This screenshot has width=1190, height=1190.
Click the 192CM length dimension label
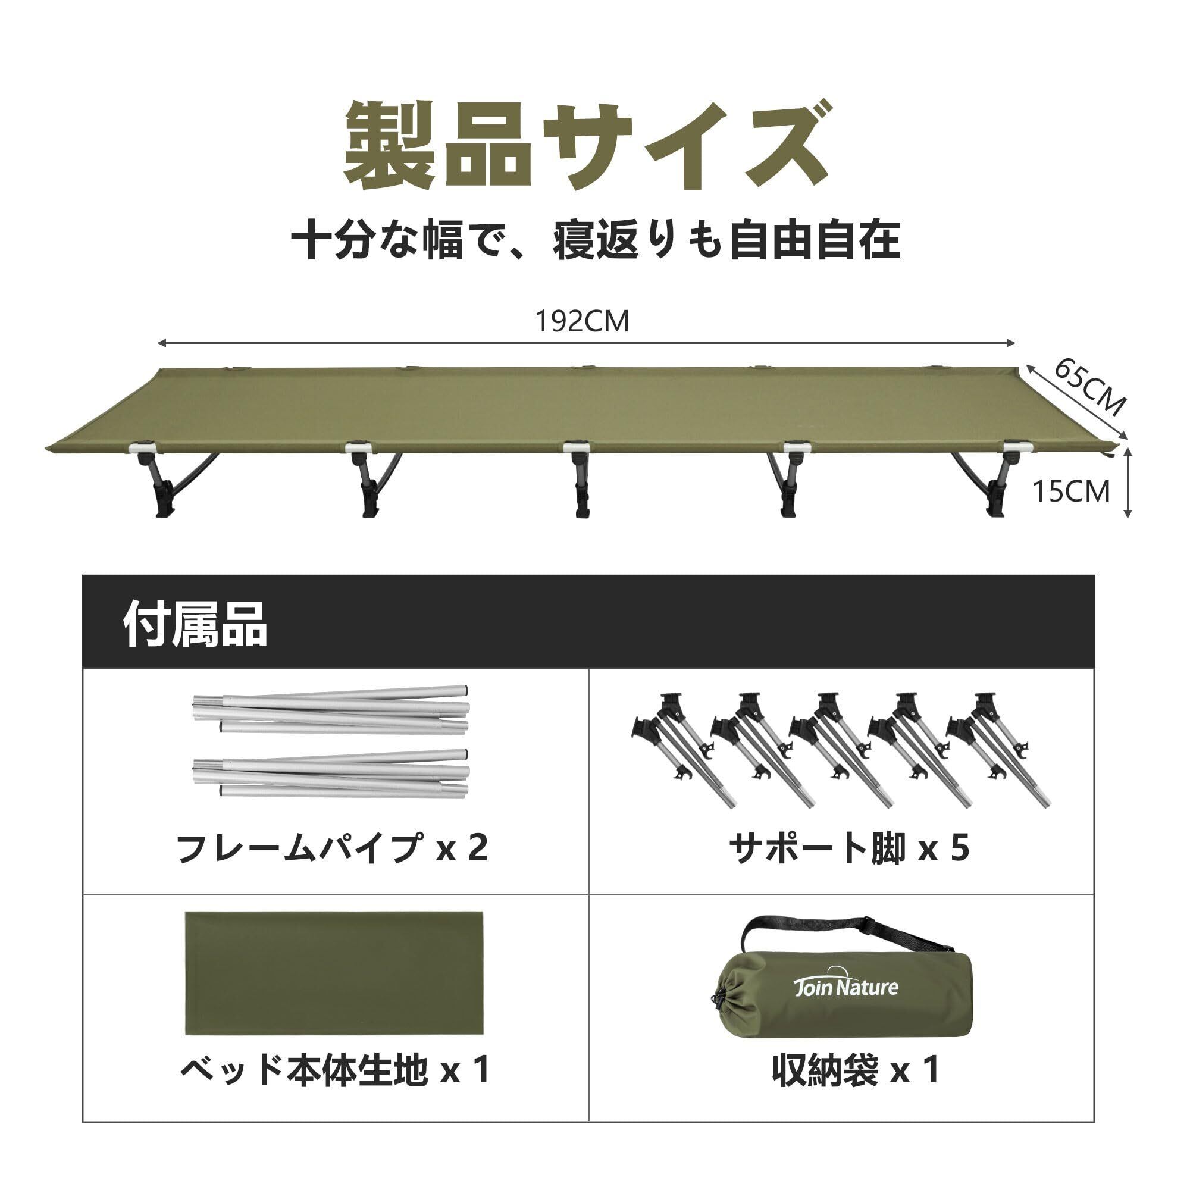(582, 321)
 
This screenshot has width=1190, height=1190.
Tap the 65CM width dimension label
(1089, 387)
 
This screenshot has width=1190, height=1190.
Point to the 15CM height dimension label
(1071, 491)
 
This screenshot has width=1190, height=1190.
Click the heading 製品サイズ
(584, 146)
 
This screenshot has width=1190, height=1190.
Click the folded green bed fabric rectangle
(334, 975)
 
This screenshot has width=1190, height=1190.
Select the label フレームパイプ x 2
(332, 847)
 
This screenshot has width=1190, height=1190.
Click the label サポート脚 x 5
(849, 847)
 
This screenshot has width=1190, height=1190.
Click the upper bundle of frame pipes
(331, 713)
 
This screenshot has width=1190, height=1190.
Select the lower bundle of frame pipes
(331, 773)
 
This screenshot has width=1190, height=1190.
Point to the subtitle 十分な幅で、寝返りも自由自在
(595, 240)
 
